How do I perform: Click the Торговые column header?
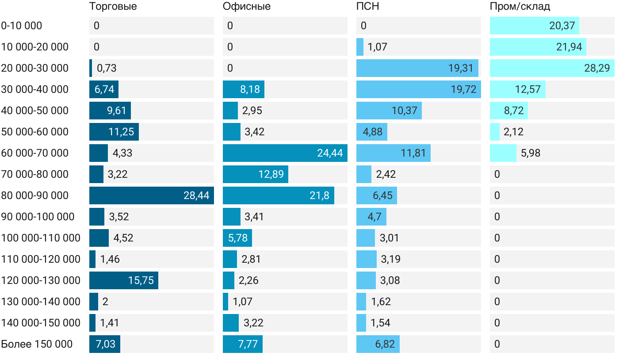click(113, 6)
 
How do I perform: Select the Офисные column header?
click(247, 6)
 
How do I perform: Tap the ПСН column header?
click(368, 6)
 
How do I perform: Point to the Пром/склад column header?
click(520, 6)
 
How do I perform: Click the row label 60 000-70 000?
click(35, 153)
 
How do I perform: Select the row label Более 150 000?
click(37, 344)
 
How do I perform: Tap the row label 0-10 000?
click(22, 26)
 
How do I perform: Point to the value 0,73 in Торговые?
click(107, 68)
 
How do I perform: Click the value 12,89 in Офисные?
click(271, 174)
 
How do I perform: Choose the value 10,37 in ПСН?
click(404, 111)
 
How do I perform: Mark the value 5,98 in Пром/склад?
click(531, 153)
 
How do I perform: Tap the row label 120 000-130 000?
click(41, 280)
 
